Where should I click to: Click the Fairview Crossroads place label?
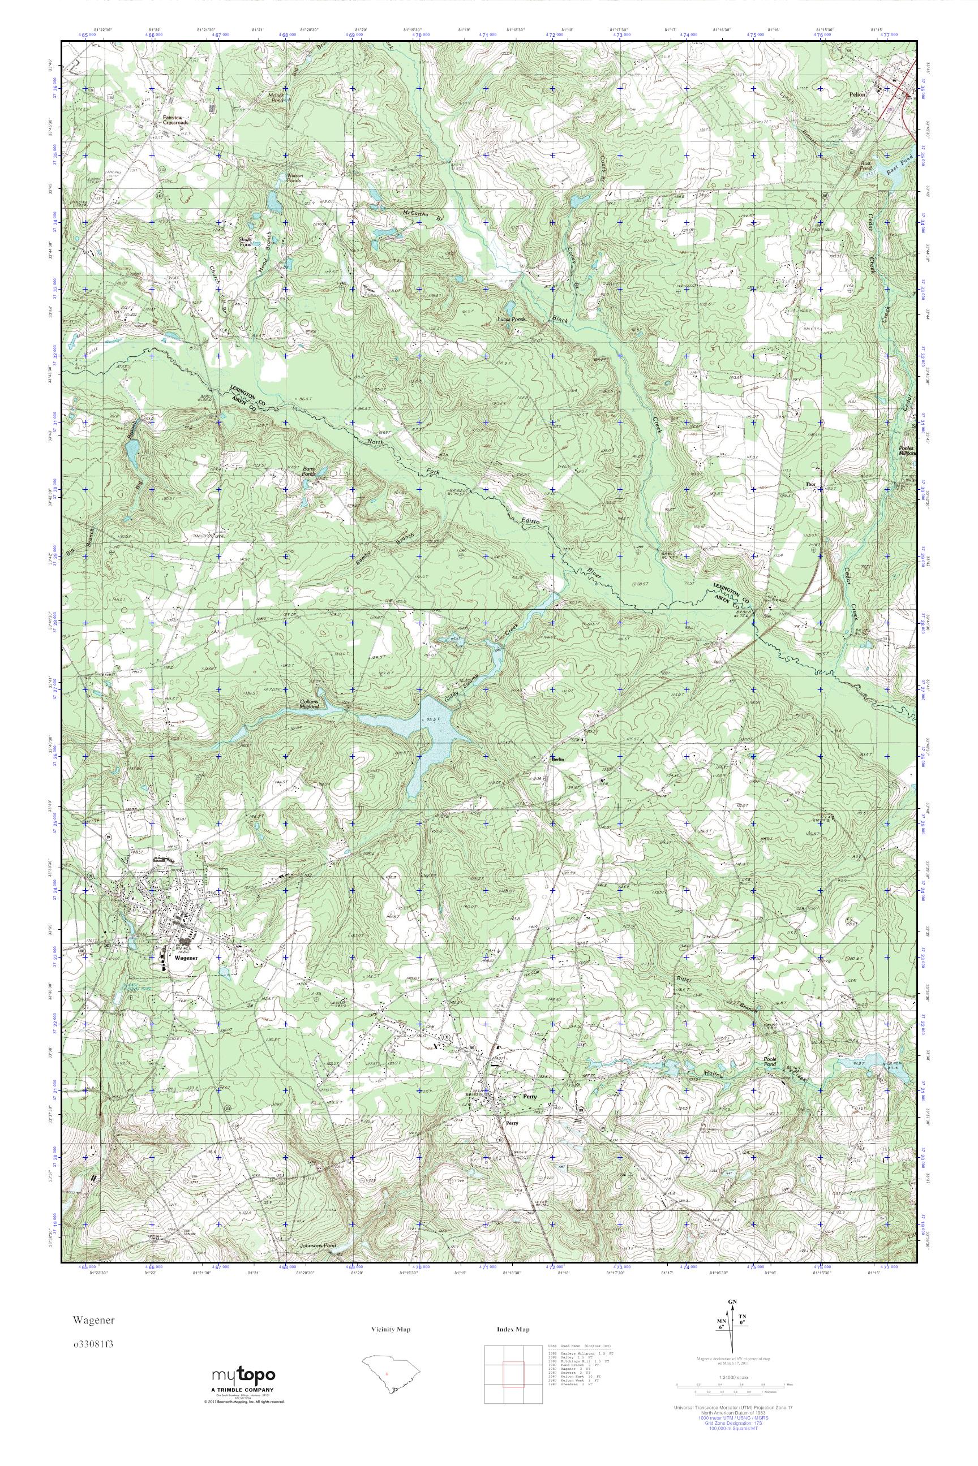point(175,120)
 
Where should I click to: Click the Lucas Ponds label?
point(511,319)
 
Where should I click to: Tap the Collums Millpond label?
point(310,704)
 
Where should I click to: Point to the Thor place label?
point(811,484)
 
